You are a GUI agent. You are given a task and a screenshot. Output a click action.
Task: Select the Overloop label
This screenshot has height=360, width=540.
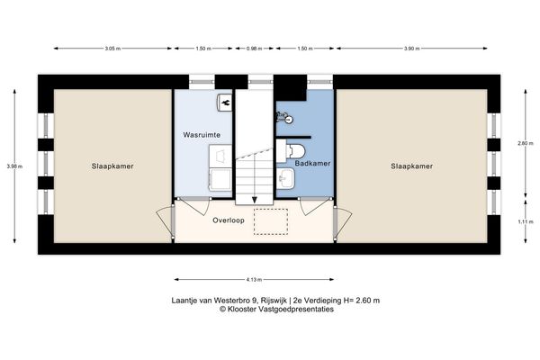pyautogui.click(x=229, y=220)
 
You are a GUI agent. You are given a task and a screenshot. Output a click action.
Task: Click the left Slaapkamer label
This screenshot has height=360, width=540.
pyautogui.click(x=112, y=166)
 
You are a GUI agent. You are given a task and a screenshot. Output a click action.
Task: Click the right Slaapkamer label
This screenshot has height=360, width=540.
pyautogui.click(x=412, y=166)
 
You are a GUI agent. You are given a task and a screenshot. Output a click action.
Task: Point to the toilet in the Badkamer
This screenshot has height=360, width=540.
pyautogui.click(x=297, y=150)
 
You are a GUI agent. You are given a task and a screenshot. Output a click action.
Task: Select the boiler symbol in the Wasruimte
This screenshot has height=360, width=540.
pyautogui.click(x=222, y=103)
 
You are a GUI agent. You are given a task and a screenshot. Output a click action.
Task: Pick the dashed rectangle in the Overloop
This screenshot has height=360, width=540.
pyautogui.click(x=270, y=221)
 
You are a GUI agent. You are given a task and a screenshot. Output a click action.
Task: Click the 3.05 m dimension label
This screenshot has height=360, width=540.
pyautogui.click(x=112, y=49)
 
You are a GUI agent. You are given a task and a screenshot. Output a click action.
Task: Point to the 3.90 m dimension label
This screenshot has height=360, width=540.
pyautogui.click(x=410, y=49)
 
